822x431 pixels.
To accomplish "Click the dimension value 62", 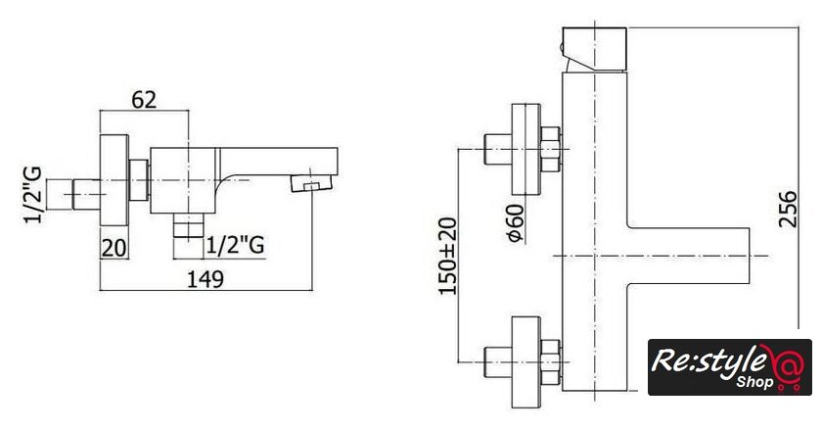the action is pos(144,100).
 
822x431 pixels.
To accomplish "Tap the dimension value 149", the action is pos(205,279).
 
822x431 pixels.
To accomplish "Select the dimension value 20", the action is pos(114,248).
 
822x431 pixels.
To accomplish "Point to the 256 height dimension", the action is pos(787,209).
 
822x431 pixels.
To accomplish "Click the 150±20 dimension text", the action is pos(448,257).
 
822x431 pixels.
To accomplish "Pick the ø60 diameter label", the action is pos(516,222).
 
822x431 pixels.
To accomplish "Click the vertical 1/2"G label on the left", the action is pos(33,195).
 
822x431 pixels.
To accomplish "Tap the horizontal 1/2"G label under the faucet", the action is pos(235,245).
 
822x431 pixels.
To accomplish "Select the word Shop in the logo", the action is pos(754,381).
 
